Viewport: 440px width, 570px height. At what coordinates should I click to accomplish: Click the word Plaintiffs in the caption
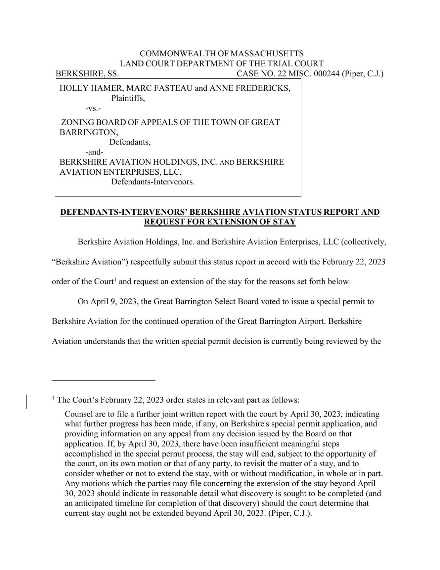click(128, 98)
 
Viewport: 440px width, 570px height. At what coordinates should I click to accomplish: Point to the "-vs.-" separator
click(93, 108)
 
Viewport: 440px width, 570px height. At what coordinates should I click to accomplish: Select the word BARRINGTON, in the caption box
click(89, 132)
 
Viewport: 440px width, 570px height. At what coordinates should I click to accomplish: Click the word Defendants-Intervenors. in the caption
click(153, 182)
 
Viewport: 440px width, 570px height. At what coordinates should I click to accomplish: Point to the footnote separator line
click(103, 380)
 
